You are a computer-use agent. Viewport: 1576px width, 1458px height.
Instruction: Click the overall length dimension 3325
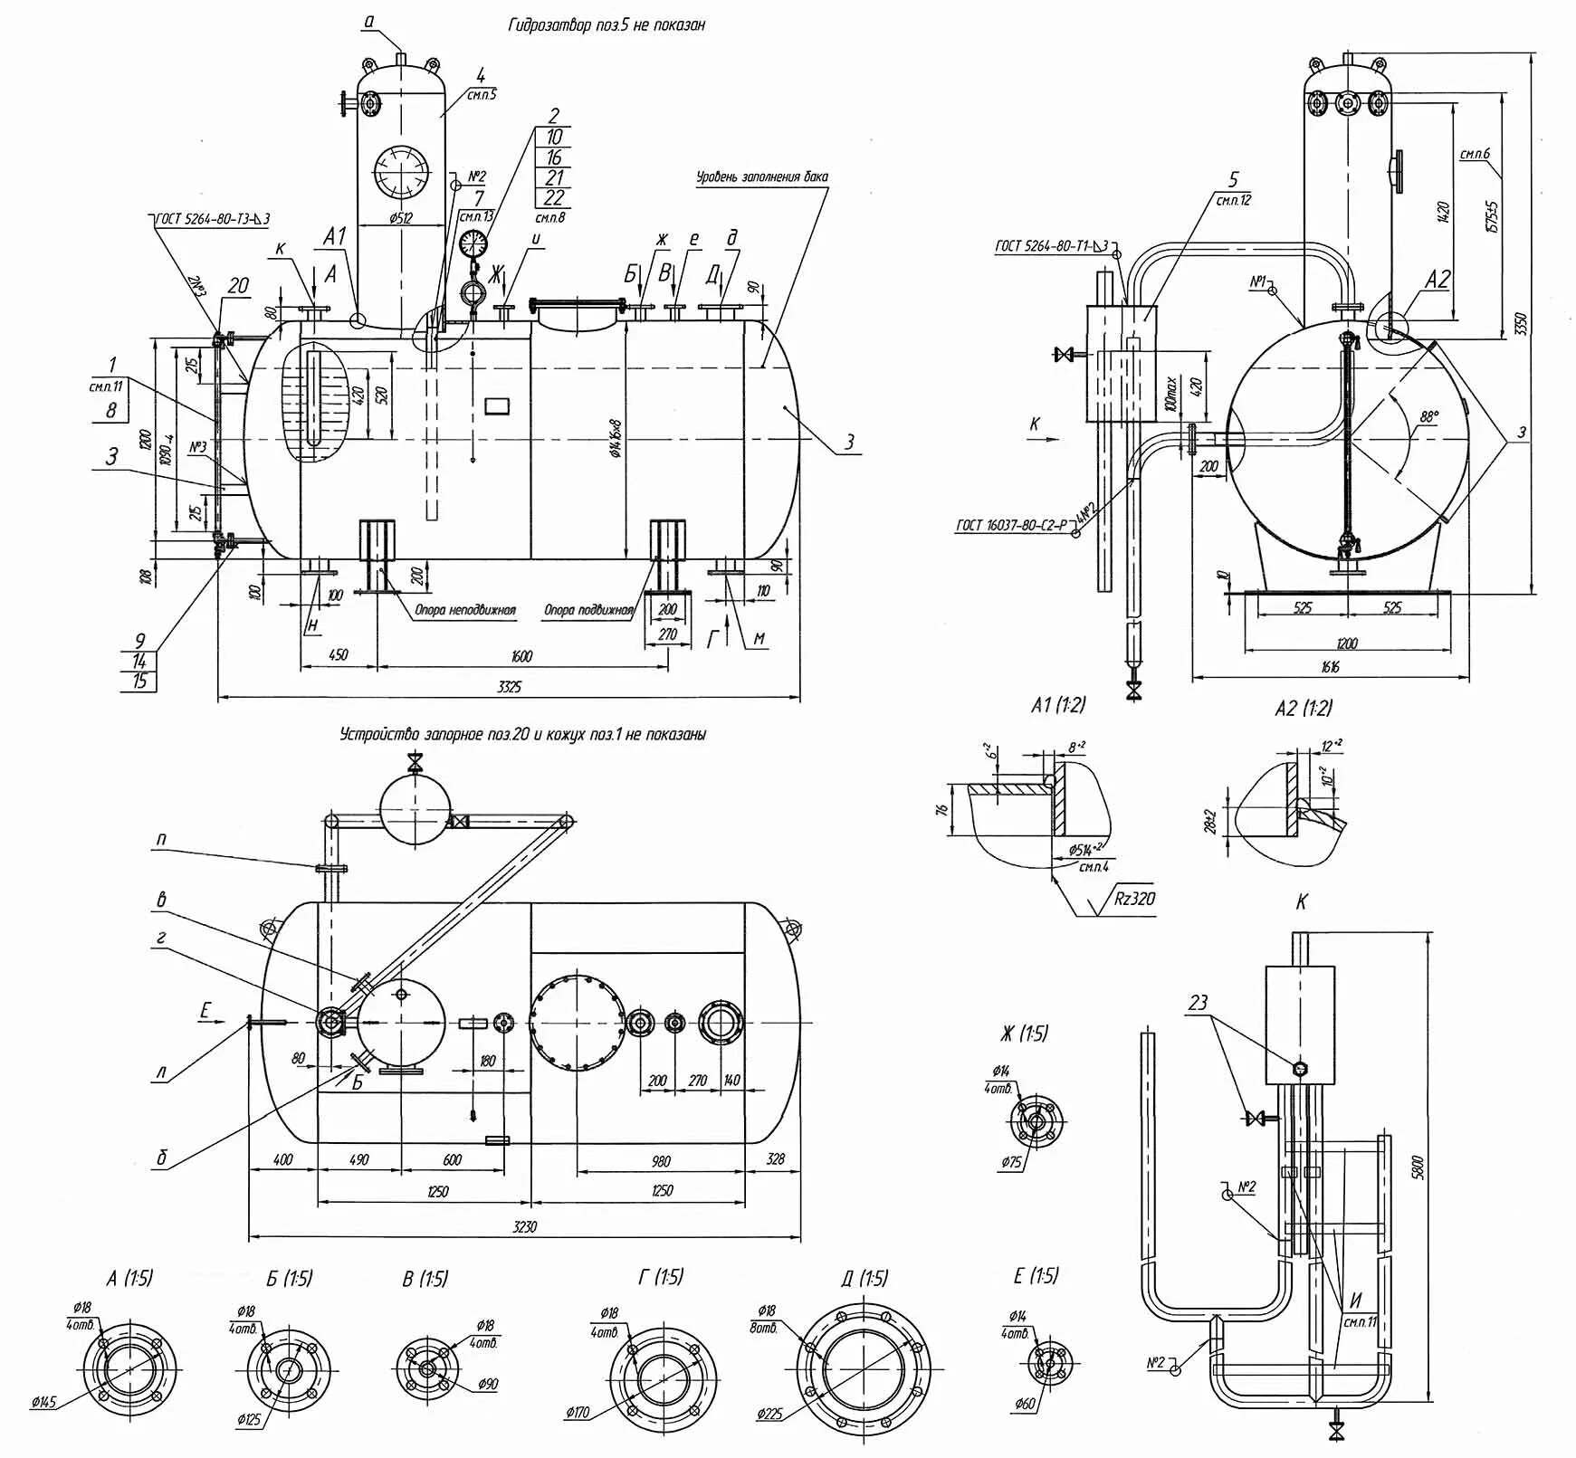pos(509,687)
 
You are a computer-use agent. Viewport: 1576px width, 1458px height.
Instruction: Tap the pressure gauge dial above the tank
pos(473,243)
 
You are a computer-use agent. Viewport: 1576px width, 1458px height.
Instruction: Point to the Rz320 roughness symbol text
pos(1134,899)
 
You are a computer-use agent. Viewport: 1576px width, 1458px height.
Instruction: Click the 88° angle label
pos(1428,417)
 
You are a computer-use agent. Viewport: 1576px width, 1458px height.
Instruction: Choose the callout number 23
pos(1198,1003)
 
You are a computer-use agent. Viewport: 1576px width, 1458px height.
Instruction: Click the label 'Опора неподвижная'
pos(464,610)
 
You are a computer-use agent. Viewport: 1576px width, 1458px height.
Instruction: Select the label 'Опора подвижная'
pos(587,610)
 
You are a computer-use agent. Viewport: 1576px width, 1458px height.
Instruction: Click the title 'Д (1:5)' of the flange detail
pos(864,1278)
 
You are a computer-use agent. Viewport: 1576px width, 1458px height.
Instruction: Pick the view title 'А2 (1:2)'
pos(1304,708)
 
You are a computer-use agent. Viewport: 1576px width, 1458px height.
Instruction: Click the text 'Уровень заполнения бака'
pos(761,177)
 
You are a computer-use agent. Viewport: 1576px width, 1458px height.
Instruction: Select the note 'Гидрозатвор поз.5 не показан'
pos(606,25)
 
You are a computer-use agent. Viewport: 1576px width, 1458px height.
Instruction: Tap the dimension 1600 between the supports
pos(521,656)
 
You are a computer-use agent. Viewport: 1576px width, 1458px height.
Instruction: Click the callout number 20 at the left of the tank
pos(238,287)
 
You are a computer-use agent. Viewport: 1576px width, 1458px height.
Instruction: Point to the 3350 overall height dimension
pos(1521,324)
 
